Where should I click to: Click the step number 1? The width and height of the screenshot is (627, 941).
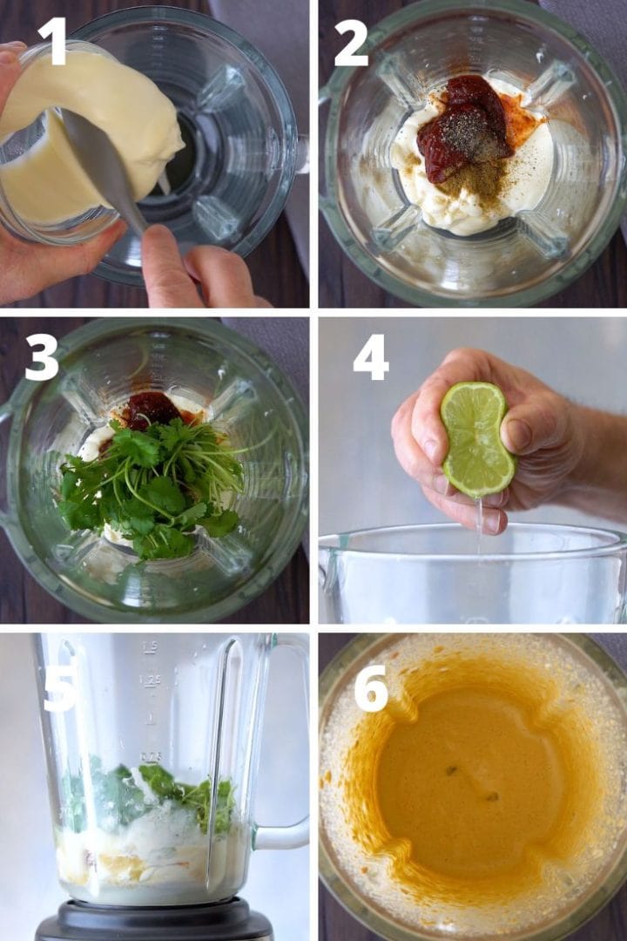coord(51,41)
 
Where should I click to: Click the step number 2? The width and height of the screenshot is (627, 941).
coord(351,44)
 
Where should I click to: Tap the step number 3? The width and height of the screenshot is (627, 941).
coord(42,357)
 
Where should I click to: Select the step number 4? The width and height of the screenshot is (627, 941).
coord(370,358)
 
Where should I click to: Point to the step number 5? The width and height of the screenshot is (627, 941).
coord(59,688)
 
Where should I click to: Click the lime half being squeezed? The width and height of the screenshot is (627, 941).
coord(475,439)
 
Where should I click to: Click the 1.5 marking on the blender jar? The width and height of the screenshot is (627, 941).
coord(150,647)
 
